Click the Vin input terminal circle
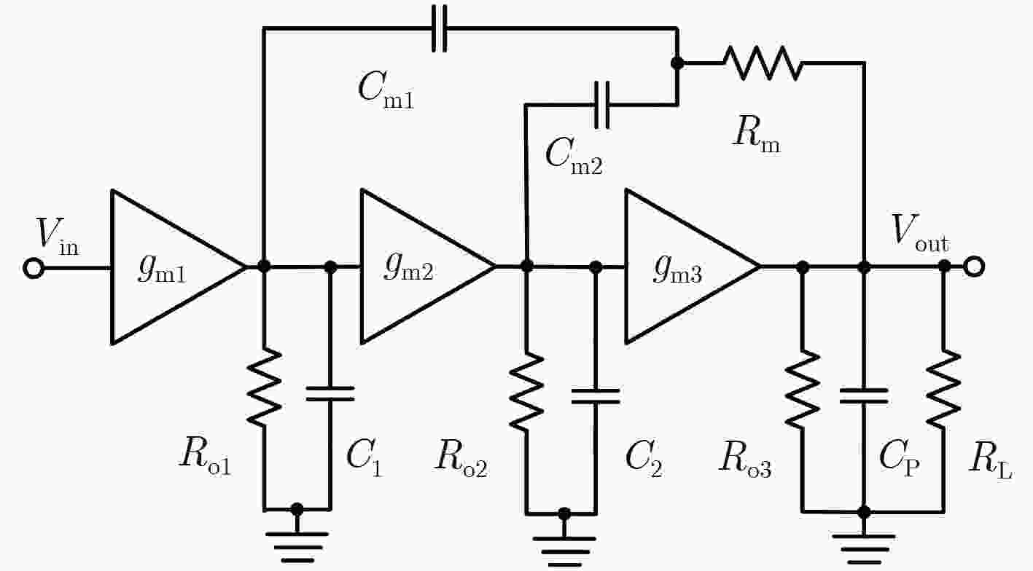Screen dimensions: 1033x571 point(34,268)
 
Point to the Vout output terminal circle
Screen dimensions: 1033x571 point(974,267)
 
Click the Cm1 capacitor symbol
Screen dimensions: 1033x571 point(439,28)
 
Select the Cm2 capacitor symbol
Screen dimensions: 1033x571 point(602,105)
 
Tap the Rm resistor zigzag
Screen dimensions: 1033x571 point(763,63)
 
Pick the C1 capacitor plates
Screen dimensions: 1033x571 point(330,393)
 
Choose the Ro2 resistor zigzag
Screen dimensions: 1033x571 point(526,392)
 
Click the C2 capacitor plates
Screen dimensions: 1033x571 point(596,396)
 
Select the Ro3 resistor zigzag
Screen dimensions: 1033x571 point(803,388)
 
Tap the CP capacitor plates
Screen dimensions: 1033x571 point(864,396)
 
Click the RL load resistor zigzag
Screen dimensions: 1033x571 point(944,388)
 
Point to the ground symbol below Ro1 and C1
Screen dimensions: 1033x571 point(297,547)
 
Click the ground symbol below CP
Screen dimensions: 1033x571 point(864,549)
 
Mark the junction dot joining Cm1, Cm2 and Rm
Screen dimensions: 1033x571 point(677,63)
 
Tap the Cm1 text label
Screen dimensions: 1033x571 point(386,90)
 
